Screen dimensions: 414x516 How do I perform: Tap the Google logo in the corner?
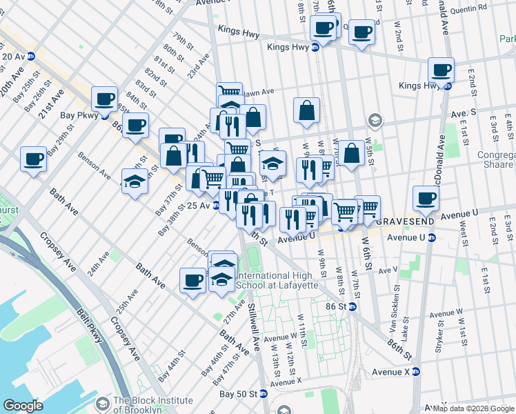[23, 406]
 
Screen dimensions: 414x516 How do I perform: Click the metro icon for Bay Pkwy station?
[104, 117]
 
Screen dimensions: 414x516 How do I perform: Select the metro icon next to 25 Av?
[215, 206]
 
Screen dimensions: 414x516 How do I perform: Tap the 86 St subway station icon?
[352, 306]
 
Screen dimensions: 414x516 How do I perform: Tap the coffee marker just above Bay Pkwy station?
[104, 99]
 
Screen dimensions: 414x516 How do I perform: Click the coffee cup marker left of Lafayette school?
[193, 280]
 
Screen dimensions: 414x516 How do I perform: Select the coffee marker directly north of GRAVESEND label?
[426, 199]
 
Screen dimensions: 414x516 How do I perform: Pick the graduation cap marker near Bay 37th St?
[135, 181]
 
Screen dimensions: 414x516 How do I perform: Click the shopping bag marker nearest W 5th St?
[352, 153]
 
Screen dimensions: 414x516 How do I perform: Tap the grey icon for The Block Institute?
[103, 402]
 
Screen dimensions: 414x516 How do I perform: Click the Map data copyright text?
[473, 408]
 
